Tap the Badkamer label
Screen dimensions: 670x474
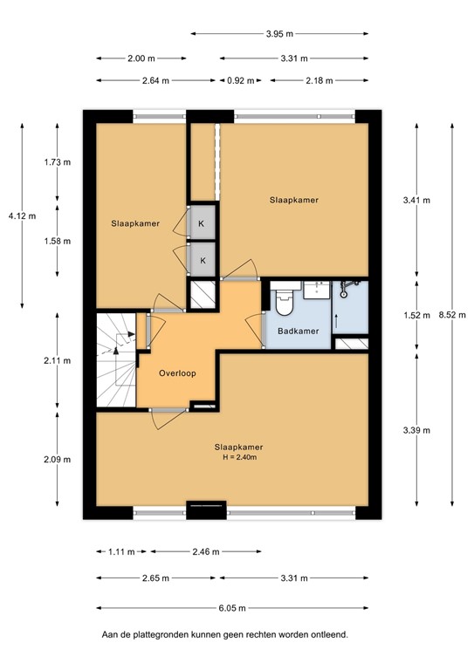coord(299,331)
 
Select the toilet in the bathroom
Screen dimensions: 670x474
coord(284,303)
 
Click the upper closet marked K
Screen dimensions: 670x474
coord(202,223)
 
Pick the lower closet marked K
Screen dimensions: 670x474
coord(203,260)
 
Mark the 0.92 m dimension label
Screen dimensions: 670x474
coord(240,80)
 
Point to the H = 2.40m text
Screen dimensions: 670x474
coord(238,457)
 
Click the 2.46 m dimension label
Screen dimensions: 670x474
coord(201,551)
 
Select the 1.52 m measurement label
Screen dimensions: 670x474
coord(413,316)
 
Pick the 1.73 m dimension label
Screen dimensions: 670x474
coord(58,163)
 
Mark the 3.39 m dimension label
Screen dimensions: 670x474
coord(413,430)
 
